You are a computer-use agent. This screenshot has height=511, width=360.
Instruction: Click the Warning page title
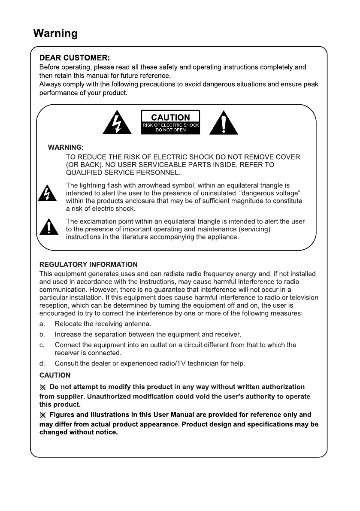click(55, 33)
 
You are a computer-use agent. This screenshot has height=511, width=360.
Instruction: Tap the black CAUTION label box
click(170, 122)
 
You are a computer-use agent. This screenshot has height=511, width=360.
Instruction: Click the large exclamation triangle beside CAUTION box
click(224, 124)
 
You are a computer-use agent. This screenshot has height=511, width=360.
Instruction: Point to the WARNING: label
click(66, 148)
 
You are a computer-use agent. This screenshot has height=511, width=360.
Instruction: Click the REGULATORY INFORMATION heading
click(88, 264)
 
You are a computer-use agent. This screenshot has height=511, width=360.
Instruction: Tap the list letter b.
click(42, 334)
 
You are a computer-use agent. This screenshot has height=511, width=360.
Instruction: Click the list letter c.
click(42, 345)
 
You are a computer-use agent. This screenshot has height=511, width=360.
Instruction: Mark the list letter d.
click(42, 364)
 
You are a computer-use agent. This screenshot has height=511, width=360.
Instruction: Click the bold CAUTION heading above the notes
click(55, 375)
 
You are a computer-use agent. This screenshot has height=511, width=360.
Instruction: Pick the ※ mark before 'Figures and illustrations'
click(42, 415)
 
